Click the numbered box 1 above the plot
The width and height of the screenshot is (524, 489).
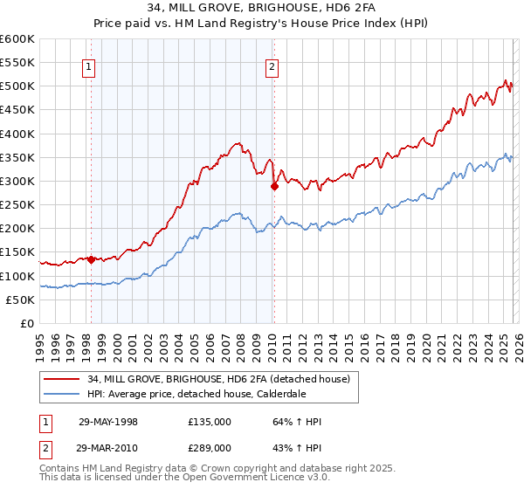point(90,66)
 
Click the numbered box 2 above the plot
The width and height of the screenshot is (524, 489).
point(272,66)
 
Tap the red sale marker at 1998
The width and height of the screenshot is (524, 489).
point(91,258)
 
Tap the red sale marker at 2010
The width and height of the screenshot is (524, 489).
point(274,186)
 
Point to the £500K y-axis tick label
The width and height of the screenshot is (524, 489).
point(17,86)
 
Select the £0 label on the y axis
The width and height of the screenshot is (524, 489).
point(26,323)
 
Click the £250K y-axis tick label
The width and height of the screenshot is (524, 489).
point(17,204)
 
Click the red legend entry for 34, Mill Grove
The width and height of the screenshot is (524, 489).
point(218,379)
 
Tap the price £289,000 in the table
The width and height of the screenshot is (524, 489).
point(209,446)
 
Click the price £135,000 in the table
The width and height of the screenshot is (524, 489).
point(209,422)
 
